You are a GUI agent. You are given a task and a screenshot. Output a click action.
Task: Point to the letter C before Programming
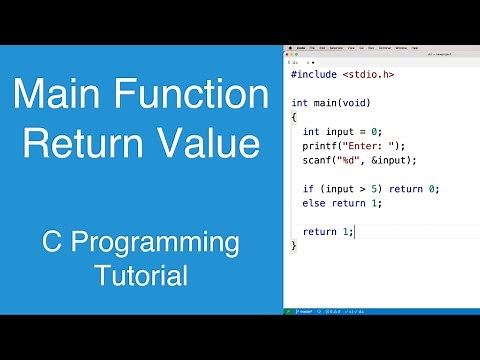[50, 243]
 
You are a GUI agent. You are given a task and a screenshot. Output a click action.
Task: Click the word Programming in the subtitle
[156, 243]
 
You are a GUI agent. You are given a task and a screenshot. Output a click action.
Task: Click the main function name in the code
[323, 103]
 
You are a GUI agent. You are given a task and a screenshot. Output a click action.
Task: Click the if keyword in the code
[306, 189]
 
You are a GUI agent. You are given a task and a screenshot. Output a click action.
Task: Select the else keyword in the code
[313, 203]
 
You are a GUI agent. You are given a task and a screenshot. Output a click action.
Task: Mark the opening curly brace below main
[293, 117]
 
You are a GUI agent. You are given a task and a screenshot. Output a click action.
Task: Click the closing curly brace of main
[293, 246]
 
